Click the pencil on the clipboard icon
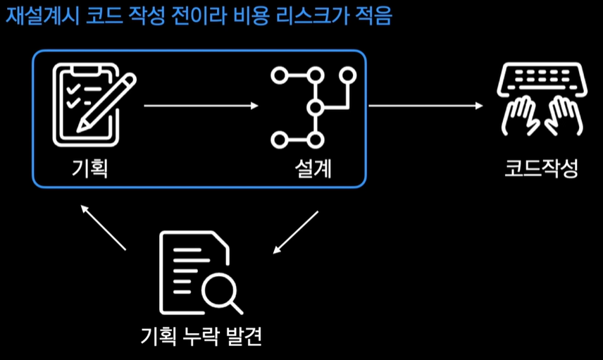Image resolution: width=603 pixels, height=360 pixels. (x=106, y=102)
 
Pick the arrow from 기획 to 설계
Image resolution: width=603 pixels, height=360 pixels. (x=201, y=106)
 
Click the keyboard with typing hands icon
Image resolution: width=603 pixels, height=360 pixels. (x=540, y=98)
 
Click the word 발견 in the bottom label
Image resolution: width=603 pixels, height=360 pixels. (x=242, y=337)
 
